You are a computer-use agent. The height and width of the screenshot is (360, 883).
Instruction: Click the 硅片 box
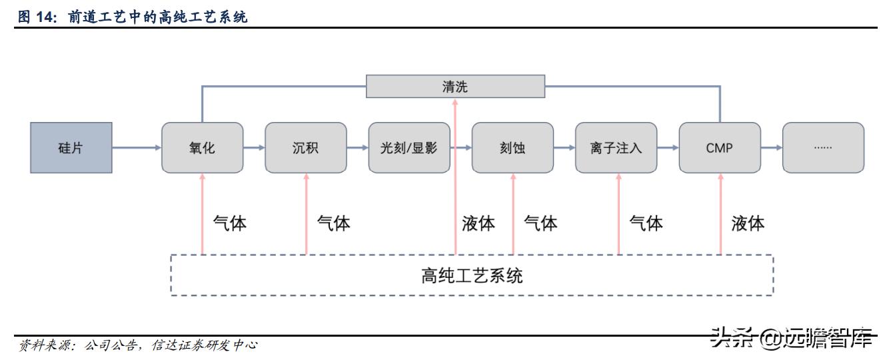point(71,148)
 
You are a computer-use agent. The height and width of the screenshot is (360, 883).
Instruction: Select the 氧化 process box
point(202,148)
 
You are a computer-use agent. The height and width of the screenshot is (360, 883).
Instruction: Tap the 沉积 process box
point(305,148)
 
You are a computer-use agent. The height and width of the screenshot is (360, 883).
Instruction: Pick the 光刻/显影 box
point(409,148)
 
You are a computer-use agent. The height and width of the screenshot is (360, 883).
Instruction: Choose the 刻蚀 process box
point(512,148)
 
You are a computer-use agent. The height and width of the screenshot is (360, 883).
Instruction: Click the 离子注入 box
point(616,148)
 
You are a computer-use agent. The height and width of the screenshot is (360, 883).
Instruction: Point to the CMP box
point(719,148)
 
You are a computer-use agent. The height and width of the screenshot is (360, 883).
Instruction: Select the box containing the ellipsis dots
point(822,148)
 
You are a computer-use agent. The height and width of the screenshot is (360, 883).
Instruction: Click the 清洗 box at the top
point(455,86)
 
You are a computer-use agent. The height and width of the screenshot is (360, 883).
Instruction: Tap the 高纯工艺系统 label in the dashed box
point(472,275)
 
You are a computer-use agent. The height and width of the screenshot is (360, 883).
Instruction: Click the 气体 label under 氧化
point(229,223)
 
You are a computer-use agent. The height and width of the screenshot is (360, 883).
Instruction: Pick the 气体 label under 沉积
point(333,223)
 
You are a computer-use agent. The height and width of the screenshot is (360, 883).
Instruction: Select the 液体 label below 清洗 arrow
point(478,223)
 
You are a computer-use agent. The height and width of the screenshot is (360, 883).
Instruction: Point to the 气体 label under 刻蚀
point(540,223)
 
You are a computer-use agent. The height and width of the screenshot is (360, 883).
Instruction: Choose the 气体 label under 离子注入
point(646,223)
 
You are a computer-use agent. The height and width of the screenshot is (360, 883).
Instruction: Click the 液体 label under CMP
point(748,223)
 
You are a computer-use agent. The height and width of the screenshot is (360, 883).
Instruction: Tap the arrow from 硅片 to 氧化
point(137,148)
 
